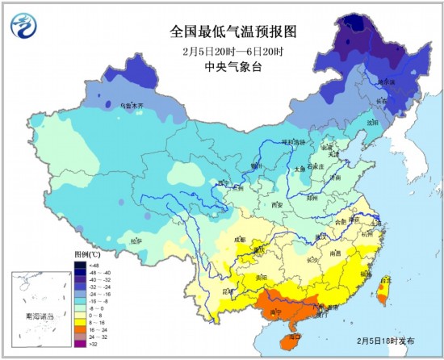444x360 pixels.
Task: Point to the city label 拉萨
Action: (x=136, y=240)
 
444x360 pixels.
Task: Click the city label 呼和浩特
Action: (x=292, y=142)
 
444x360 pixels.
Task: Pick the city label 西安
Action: (x=278, y=205)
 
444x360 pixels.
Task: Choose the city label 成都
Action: (x=239, y=239)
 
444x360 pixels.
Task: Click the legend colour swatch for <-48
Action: (x=82, y=264)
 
